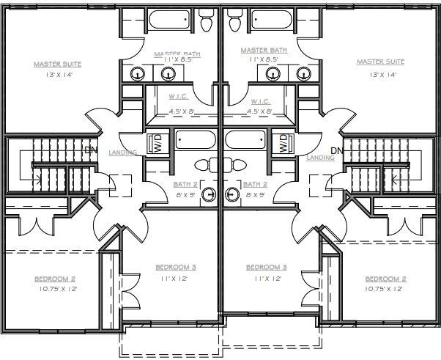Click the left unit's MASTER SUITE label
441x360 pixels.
pyautogui.click(x=57, y=65)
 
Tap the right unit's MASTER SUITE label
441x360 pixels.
pyautogui.click(x=380, y=62)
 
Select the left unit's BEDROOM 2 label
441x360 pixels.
pyautogui.click(x=55, y=279)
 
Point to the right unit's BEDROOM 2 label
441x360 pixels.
pyautogui.click(x=385, y=279)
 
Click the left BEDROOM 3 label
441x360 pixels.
pyautogui.click(x=176, y=267)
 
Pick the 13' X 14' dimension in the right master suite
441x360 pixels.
pyautogui.click(x=383, y=75)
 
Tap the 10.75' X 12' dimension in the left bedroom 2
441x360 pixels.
pyautogui.click(x=58, y=289)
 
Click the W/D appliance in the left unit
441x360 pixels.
pyautogui.click(x=158, y=143)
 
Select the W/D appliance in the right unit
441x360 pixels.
pyautogui.click(x=283, y=143)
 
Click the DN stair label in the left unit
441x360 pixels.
pyautogui.click(x=91, y=150)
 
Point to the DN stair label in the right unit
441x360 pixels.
pyautogui.click(x=337, y=150)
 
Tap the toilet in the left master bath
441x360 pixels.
pyautogui.click(x=206, y=20)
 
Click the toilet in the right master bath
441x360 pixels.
pyautogui.click(x=234, y=20)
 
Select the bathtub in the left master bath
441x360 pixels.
pyautogui.click(x=169, y=19)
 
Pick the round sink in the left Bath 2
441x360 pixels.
pyautogui.click(x=209, y=194)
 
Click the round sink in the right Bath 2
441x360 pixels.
pyautogui.click(x=232, y=194)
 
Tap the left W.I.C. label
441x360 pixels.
pyautogui.click(x=179, y=97)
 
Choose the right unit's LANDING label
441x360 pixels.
pyautogui.click(x=321, y=158)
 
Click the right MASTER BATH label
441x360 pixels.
pyautogui.click(x=264, y=51)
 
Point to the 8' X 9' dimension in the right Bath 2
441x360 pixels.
pyautogui.click(x=255, y=195)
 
